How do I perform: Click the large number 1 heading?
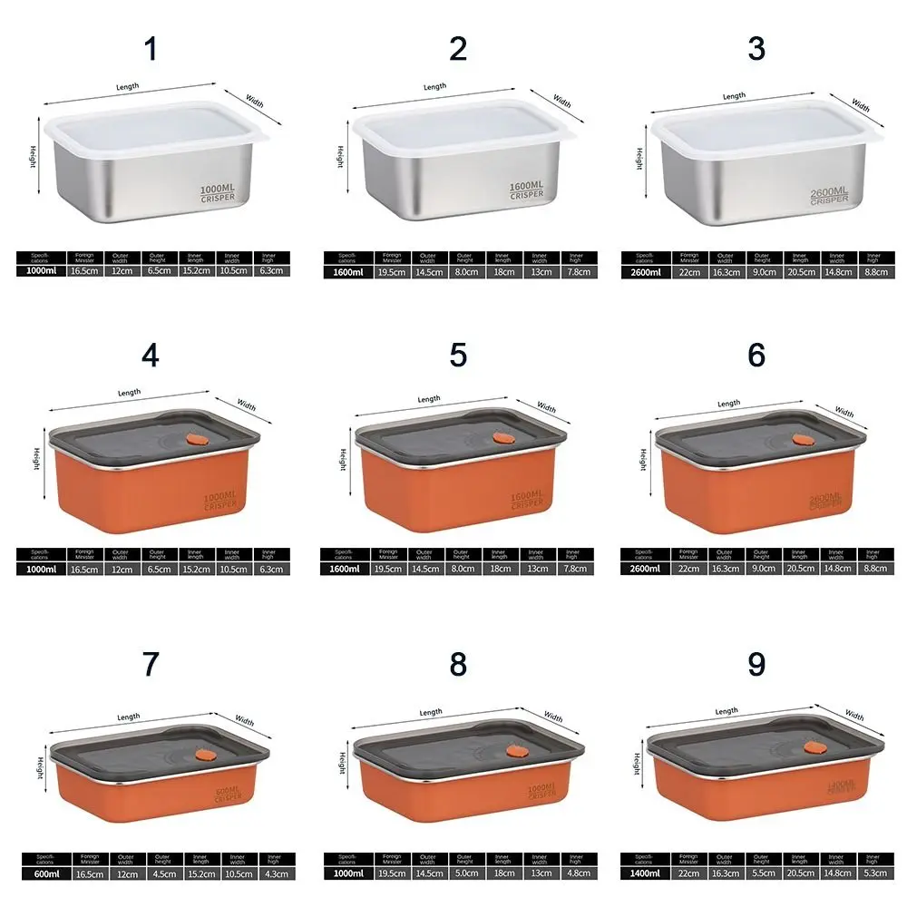click(151, 49)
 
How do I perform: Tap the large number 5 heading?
click(458, 356)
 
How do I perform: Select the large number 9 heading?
click(756, 665)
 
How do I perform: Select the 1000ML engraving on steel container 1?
click(218, 189)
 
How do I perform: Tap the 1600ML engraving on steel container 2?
click(526, 186)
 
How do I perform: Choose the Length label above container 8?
click(431, 713)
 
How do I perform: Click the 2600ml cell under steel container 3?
click(645, 271)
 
